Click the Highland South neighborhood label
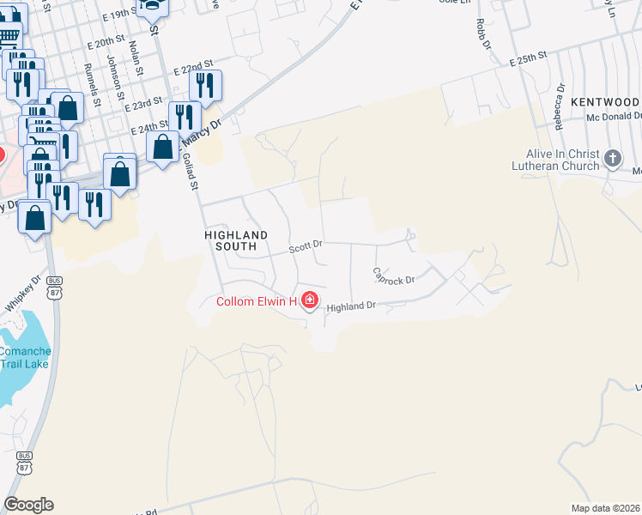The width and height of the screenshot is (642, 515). [236, 240]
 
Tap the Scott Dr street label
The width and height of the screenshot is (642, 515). [305, 245]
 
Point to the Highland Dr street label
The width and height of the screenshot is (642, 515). [351, 306]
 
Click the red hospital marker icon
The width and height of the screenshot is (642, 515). [309, 301]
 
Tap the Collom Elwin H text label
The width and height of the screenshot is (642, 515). [256, 301]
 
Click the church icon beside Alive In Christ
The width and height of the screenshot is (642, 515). [613, 158]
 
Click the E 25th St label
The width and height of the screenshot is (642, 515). [527, 58]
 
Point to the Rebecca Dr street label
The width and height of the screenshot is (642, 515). [560, 104]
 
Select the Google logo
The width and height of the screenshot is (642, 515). [28, 505]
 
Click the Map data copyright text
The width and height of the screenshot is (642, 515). [606, 508]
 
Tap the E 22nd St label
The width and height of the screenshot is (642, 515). [192, 65]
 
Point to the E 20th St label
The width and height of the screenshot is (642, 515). [106, 42]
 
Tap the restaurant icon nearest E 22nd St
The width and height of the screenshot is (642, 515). [205, 84]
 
